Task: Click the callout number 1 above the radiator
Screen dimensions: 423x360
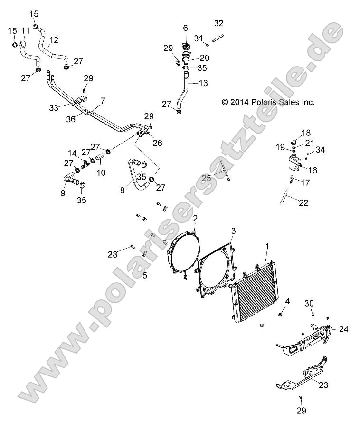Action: tap(267, 246)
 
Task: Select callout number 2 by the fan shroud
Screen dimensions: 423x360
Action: tap(195, 219)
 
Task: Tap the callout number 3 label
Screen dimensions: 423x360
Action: tap(233, 231)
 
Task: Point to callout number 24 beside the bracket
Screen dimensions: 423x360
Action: tap(344, 328)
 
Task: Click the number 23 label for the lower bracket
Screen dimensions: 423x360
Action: tap(323, 385)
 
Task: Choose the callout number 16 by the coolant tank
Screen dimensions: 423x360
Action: tap(313, 170)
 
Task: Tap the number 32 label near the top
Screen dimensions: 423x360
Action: tap(218, 23)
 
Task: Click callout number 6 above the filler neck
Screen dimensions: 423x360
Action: tap(186, 28)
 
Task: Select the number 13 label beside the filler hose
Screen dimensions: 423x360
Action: tap(203, 83)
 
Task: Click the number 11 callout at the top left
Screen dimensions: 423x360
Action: tap(25, 31)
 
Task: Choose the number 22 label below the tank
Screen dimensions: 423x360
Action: tap(303, 202)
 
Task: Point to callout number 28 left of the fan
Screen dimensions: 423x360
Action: tap(112, 255)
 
